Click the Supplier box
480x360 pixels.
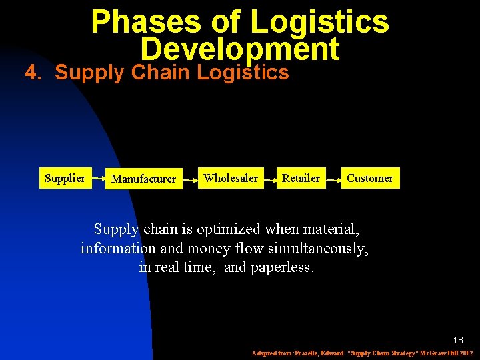click(65, 178)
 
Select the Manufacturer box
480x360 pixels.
click(144, 179)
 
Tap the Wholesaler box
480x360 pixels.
click(231, 178)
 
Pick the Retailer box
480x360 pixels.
click(301, 178)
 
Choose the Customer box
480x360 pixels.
click(370, 178)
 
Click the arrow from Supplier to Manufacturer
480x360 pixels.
click(99, 179)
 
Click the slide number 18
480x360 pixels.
click(458, 340)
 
